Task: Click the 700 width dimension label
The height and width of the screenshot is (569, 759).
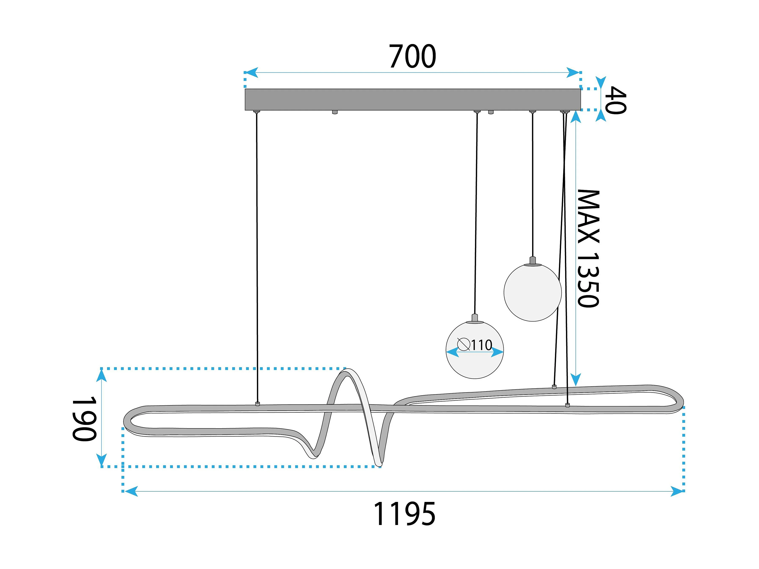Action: coord(413,56)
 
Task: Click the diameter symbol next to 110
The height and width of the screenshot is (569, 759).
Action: coord(464,344)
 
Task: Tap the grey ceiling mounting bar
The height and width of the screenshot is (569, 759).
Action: coord(413,99)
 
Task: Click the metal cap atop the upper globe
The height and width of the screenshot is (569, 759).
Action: coord(533,261)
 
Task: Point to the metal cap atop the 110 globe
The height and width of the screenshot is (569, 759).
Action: coord(475,318)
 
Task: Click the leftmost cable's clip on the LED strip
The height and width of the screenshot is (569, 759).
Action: coord(258,404)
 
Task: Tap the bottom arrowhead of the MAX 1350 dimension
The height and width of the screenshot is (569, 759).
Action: coord(576,380)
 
